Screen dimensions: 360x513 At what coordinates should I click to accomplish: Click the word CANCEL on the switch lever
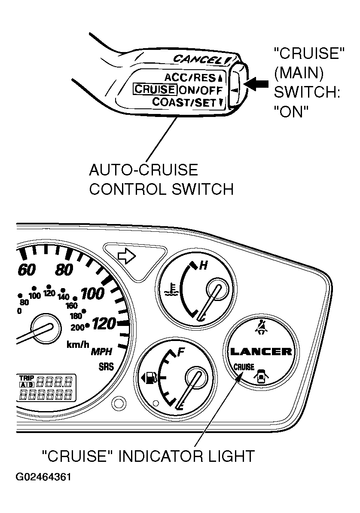click(198, 59)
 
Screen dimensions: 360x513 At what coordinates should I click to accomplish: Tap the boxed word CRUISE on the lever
click(155, 89)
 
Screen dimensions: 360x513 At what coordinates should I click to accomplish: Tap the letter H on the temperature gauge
click(203, 265)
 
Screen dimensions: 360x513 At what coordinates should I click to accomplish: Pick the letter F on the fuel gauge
click(181, 352)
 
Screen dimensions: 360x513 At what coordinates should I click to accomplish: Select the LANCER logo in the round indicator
click(261, 352)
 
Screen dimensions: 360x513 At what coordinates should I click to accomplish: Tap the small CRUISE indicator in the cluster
click(244, 367)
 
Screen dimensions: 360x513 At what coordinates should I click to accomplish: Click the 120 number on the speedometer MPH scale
click(104, 323)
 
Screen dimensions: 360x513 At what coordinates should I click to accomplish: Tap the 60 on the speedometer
click(27, 270)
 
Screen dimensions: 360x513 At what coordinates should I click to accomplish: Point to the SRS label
click(106, 366)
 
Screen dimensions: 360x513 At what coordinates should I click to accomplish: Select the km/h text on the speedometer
click(78, 344)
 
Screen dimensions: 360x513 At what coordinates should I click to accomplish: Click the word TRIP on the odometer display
click(27, 378)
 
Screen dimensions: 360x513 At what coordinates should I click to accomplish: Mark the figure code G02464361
click(43, 477)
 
